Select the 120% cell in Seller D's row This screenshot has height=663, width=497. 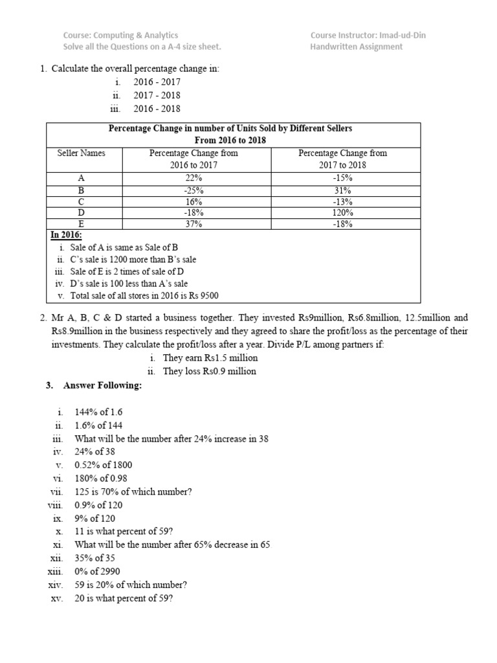[x=342, y=212]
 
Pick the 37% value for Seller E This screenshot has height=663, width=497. [x=193, y=224]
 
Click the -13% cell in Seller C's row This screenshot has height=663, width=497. [x=342, y=201]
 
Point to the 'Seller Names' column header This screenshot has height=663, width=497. [x=81, y=153]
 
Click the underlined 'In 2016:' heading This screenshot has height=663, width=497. [x=67, y=235]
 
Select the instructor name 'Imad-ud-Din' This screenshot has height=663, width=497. [x=379, y=36]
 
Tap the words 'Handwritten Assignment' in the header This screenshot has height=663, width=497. [x=356, y=47]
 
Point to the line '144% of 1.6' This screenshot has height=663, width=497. [x=98, y=412]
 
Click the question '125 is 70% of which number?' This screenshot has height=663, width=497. [x=133, y=491]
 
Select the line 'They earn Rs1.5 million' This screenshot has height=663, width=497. [x=210, y=358]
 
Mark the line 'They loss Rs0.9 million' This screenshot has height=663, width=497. [x=210, y=372]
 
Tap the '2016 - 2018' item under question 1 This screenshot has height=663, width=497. [x=157, y=109]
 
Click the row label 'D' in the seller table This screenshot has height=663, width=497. [x=81, y=212]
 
